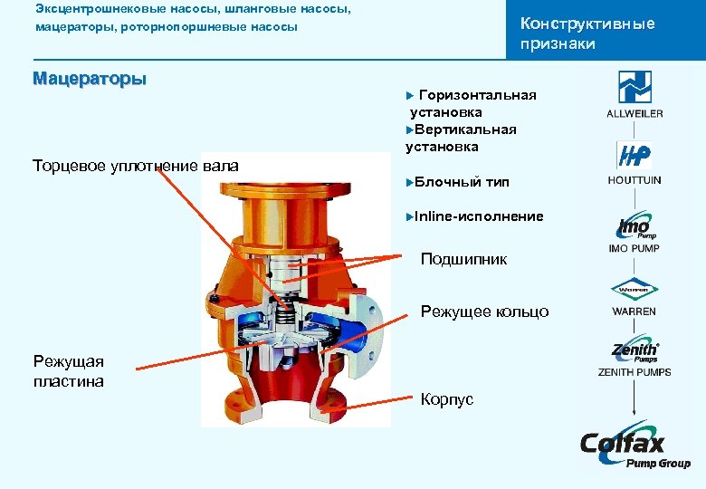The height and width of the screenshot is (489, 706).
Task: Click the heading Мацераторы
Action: [89, 79]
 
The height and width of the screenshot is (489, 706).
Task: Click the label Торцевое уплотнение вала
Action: [136, 166]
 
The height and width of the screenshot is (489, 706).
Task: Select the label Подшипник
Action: [463, 260]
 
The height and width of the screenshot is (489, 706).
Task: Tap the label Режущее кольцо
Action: [484, 312]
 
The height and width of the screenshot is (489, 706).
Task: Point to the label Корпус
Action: [447, 398]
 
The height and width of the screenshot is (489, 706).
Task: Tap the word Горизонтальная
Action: [478, 95]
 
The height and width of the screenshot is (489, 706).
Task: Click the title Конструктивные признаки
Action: [587, 34]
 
